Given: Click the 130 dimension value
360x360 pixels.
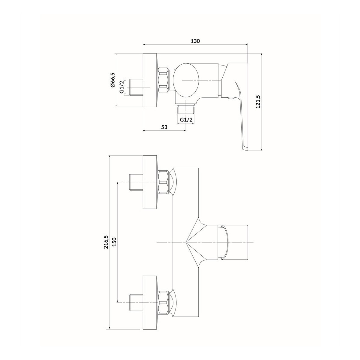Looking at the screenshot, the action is pyautogui.click(x=195, y=41).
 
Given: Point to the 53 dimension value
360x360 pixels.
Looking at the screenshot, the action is pyautogui.click(x=164, y=127).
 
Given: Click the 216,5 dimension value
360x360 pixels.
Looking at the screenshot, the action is pyautogui.click(x=106, y=242).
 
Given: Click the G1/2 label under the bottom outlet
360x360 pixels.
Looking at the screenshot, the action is pyautogui.click(x=186, y=120).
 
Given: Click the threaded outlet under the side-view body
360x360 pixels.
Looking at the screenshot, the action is pyautogui.click(x=186, y=109).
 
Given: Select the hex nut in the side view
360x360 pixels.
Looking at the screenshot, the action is pyautogui.click(x=164, y=80).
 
